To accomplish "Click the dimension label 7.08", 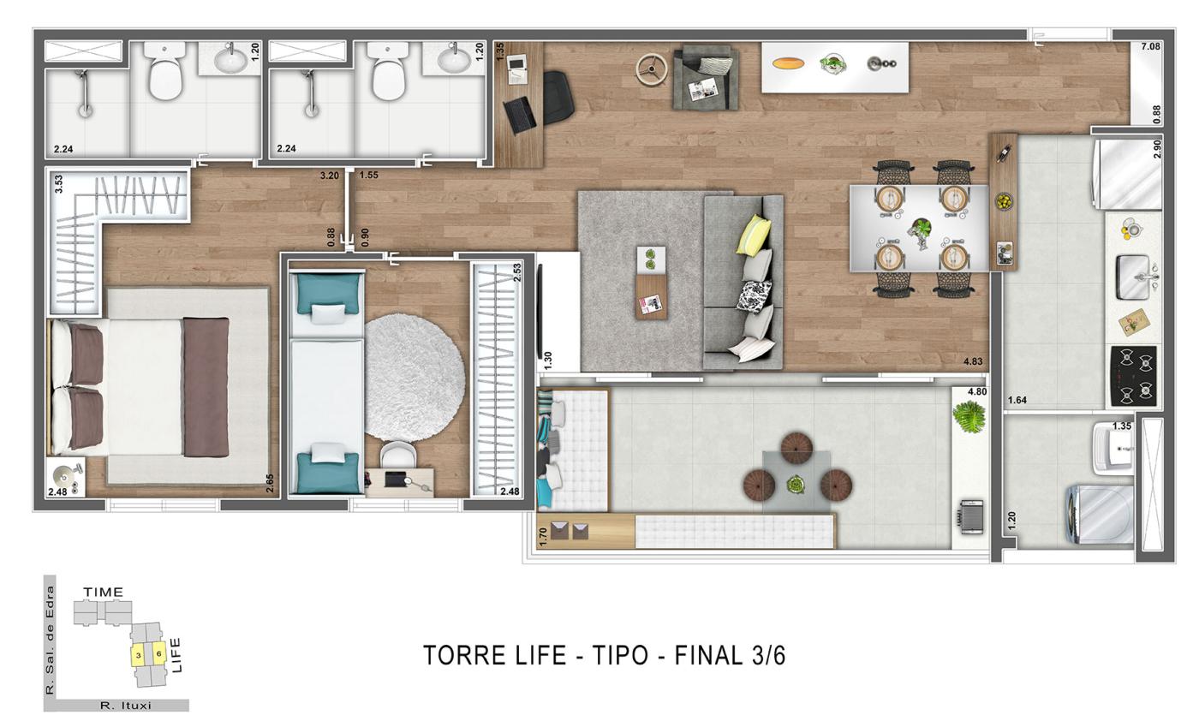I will tap(1150, 46).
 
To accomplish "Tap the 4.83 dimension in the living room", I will tap(973, 361).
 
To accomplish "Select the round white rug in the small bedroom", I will tap(415, 378).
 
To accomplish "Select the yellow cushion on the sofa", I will tap(753, 235).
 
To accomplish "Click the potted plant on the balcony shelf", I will tap(969, 416).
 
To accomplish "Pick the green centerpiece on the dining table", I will tap(921, 230).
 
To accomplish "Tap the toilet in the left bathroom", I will tap(165, 71).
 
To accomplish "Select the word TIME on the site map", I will tap(103, 592).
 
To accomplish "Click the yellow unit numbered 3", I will tap(138, 655).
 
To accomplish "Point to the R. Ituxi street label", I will tap(125, 706).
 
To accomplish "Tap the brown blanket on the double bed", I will tap(206, 387).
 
